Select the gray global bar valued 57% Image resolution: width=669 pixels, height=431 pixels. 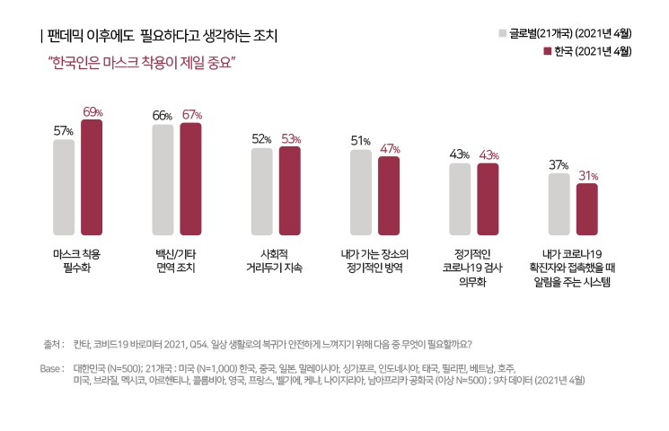click(x=64, y=186)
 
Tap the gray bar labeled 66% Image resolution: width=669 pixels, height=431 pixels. click(x=163, y=179)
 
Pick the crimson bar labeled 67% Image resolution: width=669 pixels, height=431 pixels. click(x=191, y=178)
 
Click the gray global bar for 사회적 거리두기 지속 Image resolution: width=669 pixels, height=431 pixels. click(x=261, y=190)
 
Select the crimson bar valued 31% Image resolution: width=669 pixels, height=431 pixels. click(x=586, y=208)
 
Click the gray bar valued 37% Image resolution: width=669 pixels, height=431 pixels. click(x=559, y=203)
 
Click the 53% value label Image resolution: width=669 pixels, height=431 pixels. click(x=290, y=139)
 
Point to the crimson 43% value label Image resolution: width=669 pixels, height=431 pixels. click(x=489, y=155)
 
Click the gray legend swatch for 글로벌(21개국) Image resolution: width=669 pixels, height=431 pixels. click(x=503, y=34)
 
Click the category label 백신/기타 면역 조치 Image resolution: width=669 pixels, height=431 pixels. click(x=176, y=260)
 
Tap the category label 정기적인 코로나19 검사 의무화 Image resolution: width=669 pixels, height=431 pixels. click(x=473, y=267)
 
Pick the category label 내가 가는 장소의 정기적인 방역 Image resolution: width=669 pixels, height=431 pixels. click(x=374, y=260)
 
